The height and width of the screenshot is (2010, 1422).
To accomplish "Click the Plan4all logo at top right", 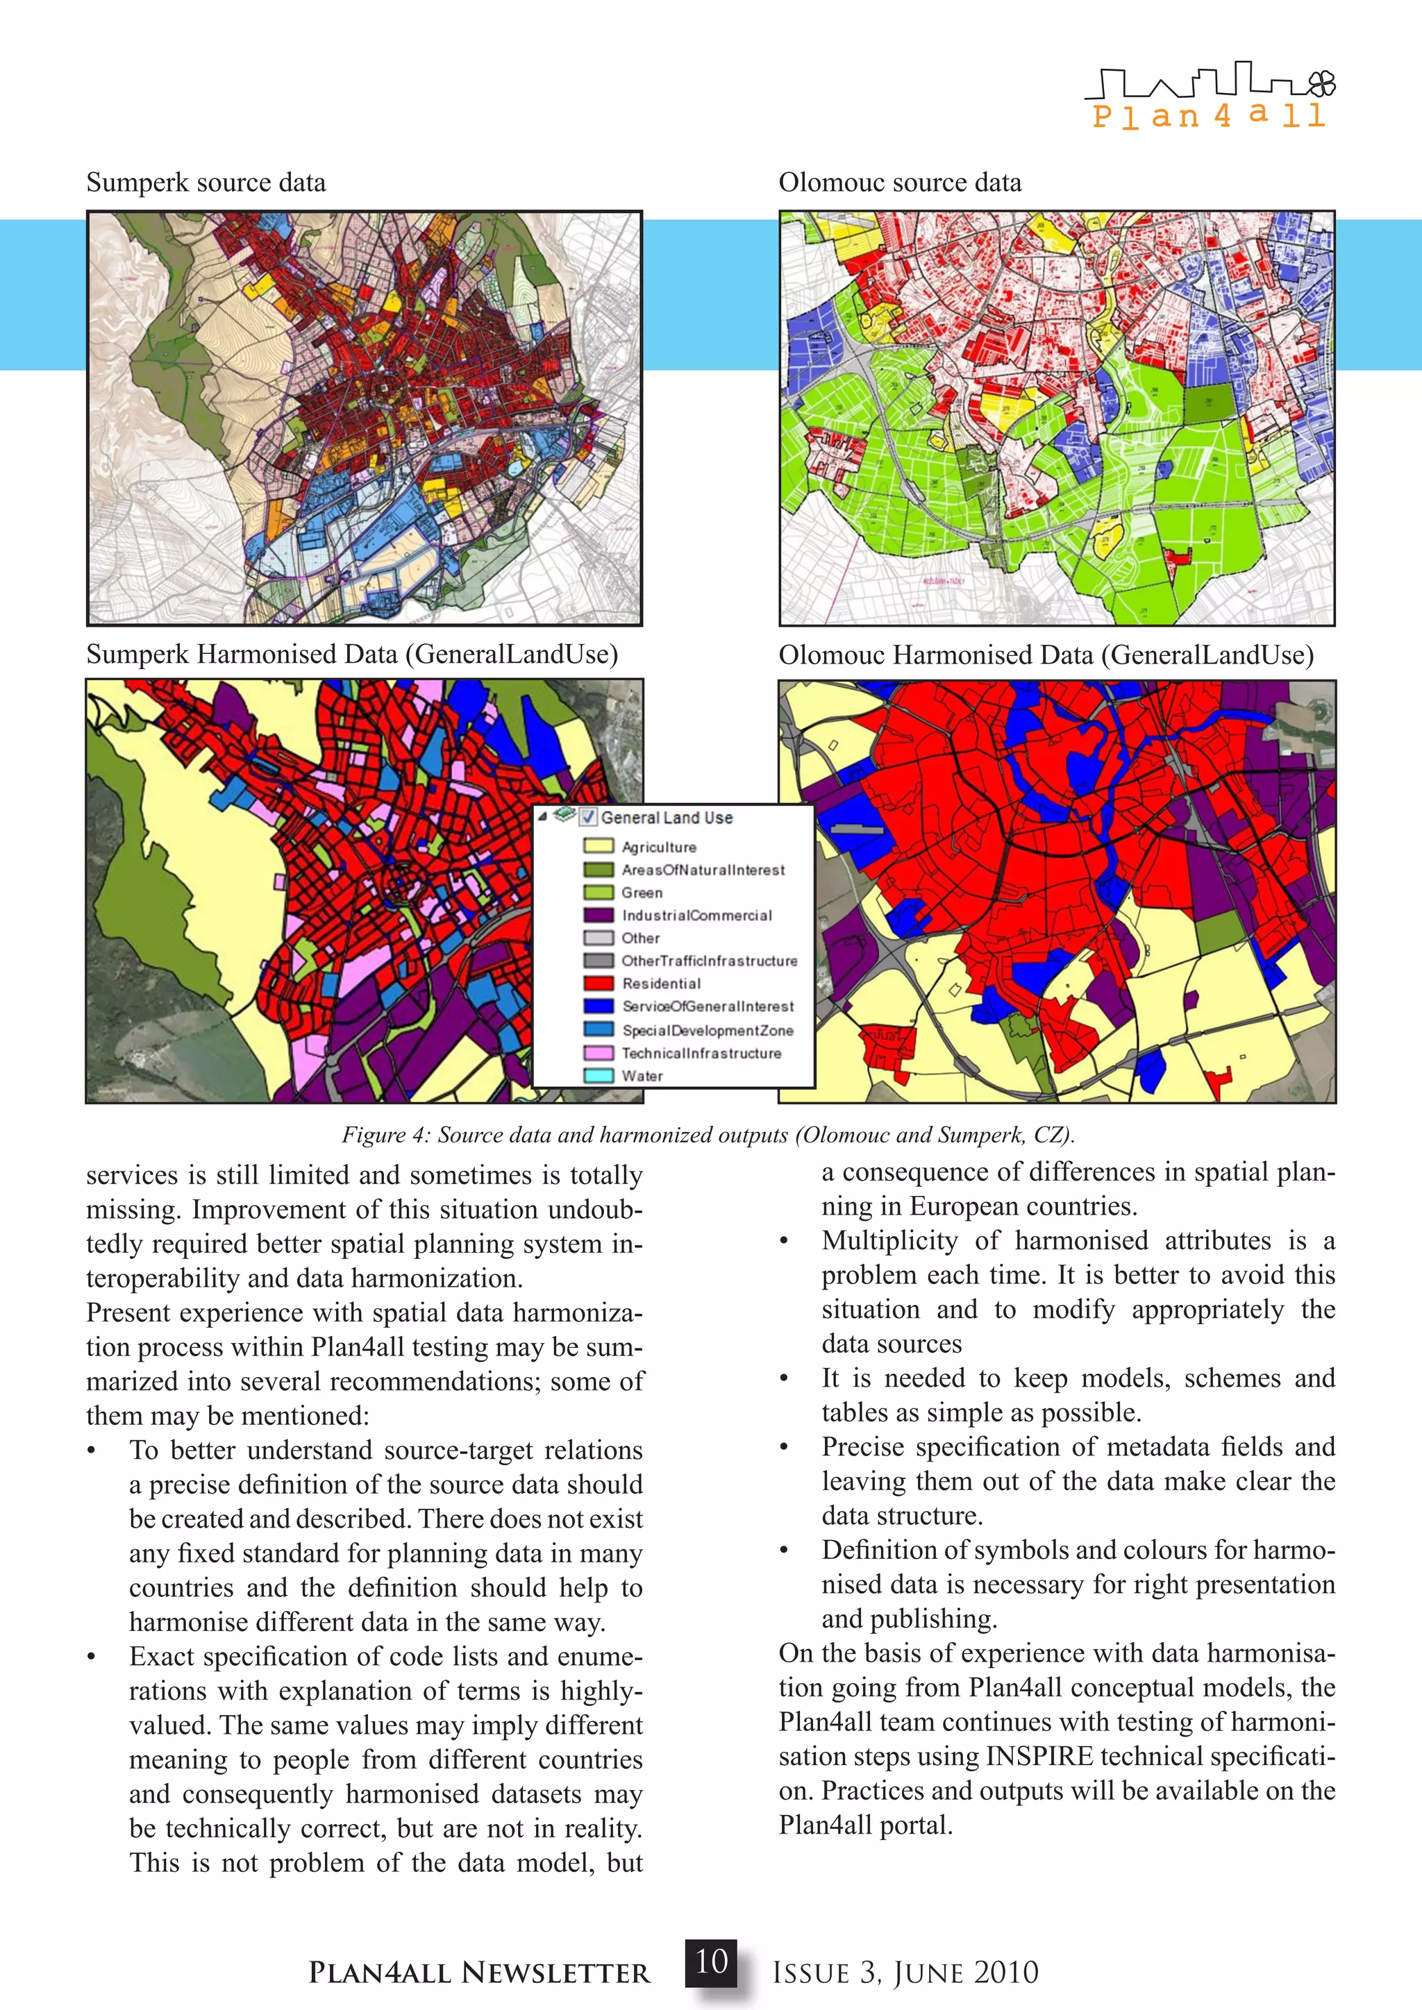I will [x=1210, y=96].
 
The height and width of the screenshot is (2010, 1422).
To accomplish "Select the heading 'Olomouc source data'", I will [x=899, y=183].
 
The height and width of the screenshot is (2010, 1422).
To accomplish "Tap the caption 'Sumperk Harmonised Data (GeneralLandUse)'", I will [x=352, y=654].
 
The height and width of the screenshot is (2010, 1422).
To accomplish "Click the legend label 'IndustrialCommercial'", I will [x=697, y=915].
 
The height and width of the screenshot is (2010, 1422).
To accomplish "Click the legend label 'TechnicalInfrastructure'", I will [x=701, y=1053].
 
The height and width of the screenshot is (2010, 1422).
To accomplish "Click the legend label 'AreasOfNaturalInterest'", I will [x=703, y=869].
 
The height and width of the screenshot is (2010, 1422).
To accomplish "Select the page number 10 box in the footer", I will [x=711, y=1962].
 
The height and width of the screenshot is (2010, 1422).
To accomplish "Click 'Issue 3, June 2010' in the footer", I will [x=905, y=1973].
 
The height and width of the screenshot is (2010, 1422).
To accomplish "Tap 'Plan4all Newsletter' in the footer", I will [x=479, y=1973].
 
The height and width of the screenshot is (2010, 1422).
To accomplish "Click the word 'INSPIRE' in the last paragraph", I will [x=1039, y=1756].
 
